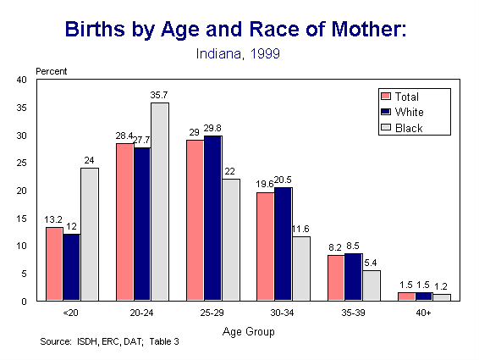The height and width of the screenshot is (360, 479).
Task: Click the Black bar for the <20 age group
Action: point(89,234)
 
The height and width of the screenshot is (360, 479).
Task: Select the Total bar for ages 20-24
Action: point(124,222)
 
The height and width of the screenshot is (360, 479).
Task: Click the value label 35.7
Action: point(159,96)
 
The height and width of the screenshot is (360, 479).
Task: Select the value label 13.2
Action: point(53,219)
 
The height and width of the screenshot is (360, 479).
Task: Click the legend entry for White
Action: point(408,112)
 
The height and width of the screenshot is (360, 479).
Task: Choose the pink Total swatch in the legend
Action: point(386,96)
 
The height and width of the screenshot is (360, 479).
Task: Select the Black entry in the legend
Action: point(408,128)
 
